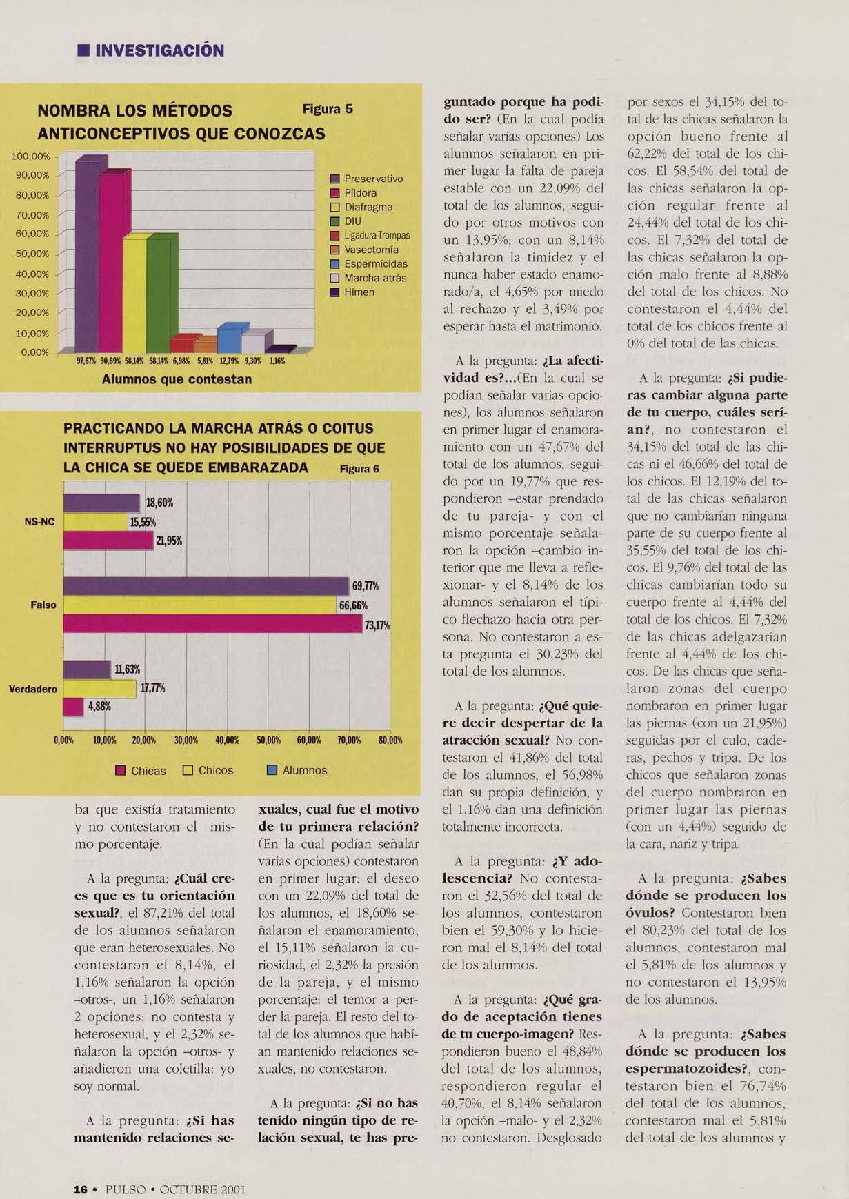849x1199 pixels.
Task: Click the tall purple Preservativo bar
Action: (x=87, y=255)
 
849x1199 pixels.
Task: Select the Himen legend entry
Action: (x=359, y=292)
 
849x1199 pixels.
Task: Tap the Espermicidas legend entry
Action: (x=375, y=264)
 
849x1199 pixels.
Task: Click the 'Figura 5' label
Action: (x=328, y=109)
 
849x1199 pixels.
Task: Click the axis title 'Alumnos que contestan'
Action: (x=177, y=379)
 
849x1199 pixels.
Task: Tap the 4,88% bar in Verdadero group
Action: (x=73, y=707)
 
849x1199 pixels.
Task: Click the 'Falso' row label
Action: (x=43, y=605)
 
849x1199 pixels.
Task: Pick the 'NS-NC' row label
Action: (x=39, y=522)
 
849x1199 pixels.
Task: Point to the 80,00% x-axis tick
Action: (x=390, y=740)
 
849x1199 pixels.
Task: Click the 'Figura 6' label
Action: (x=359, y=469)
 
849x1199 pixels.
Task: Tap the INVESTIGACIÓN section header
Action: (x=159, y=51)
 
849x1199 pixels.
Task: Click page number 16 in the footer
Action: (x=81, y=1189)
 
